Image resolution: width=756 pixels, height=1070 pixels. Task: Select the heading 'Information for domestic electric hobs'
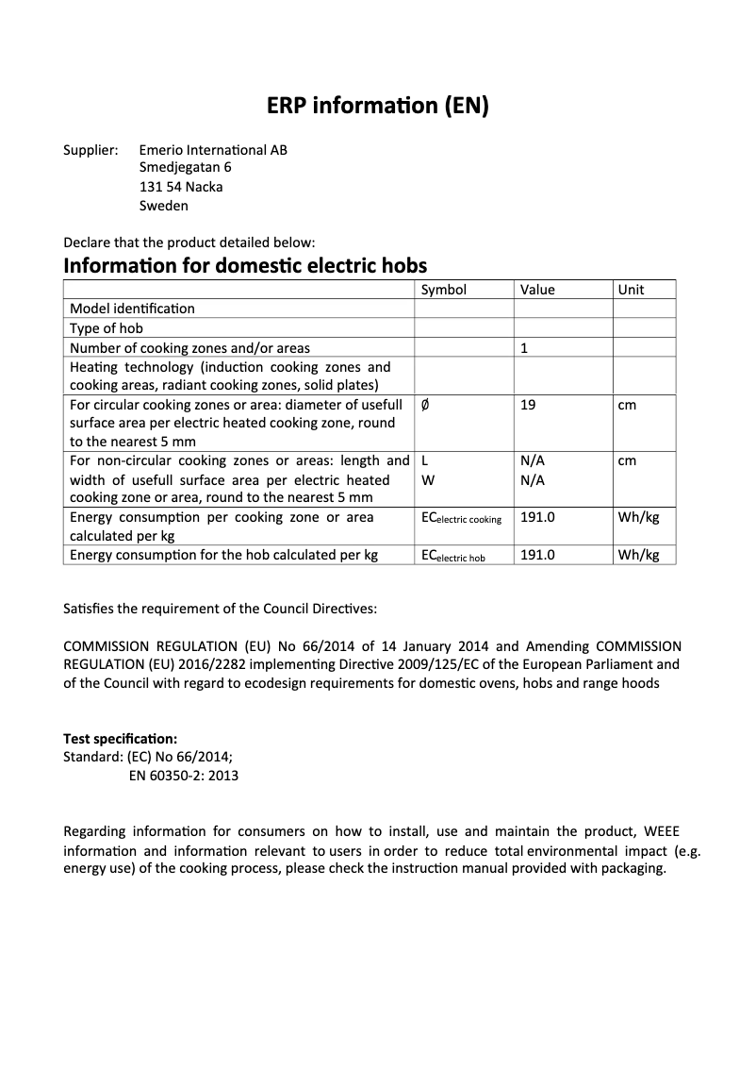pos(244,264)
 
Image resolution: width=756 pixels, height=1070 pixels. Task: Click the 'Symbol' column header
pos(443,290)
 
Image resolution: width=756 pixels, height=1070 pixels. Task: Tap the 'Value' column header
pos(537,290)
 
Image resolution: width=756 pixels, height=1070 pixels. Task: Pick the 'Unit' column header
pos(631,290)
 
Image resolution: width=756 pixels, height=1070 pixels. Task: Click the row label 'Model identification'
pos(133,309)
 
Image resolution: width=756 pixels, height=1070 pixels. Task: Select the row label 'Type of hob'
pos(107,328)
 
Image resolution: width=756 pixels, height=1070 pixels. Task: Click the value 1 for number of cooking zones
pos(524,348)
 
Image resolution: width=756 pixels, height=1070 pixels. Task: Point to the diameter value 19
pos(528,405)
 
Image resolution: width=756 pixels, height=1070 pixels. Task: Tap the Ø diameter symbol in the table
pos(424,405)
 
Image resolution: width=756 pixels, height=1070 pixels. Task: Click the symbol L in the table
pos(424,461)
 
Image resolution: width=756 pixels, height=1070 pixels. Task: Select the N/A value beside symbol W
pos(533,480)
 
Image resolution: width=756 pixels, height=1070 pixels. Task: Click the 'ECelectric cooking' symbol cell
pos(461,519)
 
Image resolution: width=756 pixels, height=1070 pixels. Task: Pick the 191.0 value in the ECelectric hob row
pos(537,556)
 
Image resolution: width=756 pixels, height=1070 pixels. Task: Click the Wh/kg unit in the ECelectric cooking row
pos(638,517)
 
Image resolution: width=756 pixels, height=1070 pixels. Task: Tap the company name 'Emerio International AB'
pos(213,150)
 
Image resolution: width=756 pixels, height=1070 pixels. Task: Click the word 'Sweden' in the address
pos(163,206)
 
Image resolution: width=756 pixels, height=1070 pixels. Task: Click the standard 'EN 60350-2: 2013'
pos(183,776)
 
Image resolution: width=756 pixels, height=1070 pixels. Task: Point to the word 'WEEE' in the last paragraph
pos(661,831)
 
